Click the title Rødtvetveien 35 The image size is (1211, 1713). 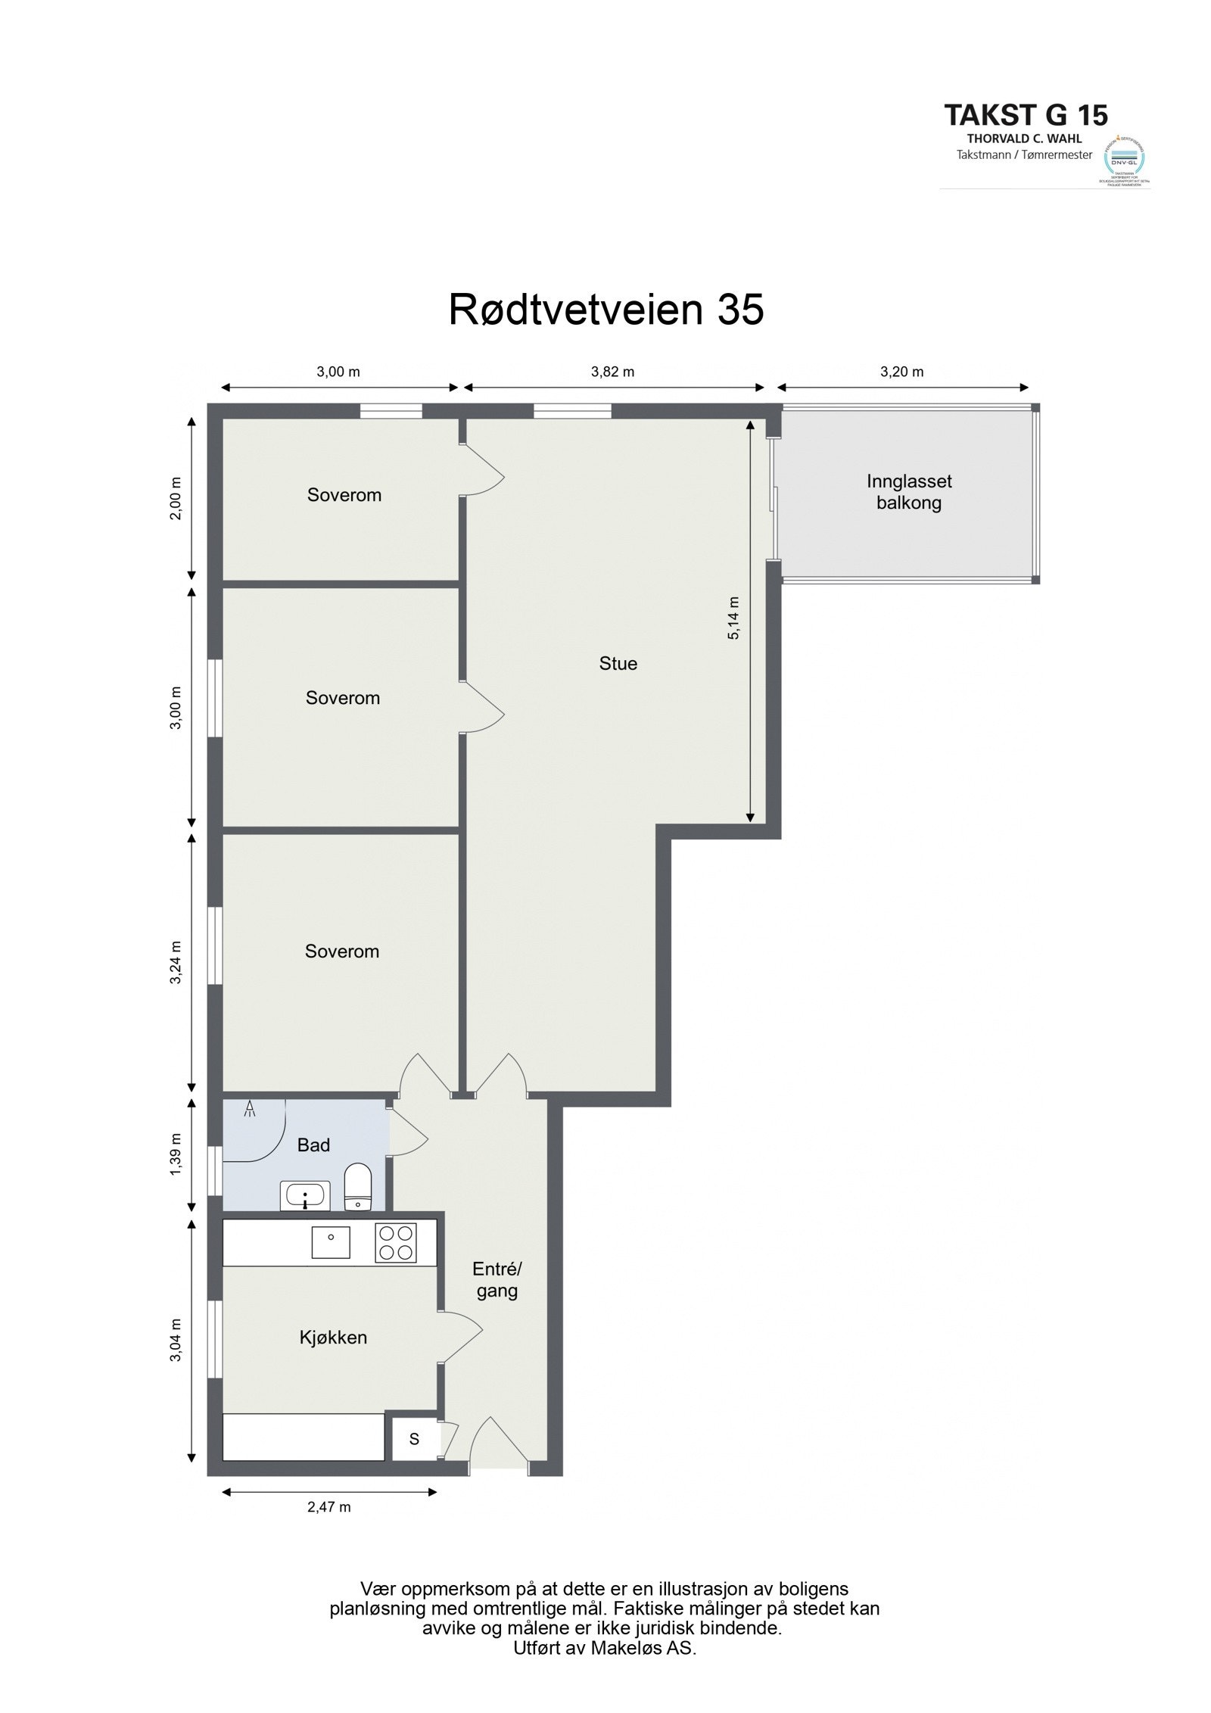click(x=605, y=310)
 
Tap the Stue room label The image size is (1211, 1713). click(x=618, y=664)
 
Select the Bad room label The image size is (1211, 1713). click(x=313, y=1145)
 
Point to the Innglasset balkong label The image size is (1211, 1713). click(x=908, y=492)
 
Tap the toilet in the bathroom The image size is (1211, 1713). click(x=356, y=1187)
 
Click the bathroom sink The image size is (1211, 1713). click(x=305, y=1196)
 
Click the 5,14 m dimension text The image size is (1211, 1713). click(x=733, y=618)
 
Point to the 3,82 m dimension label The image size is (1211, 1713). click(x=612, y=372)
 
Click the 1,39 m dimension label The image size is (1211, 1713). click(x=176, y=1154)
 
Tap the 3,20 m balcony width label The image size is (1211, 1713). click(x=901, y=372)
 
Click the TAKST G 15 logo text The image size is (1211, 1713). click(x=1026, y=115)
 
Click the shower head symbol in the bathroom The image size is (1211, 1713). click(x=251, y=1110)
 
